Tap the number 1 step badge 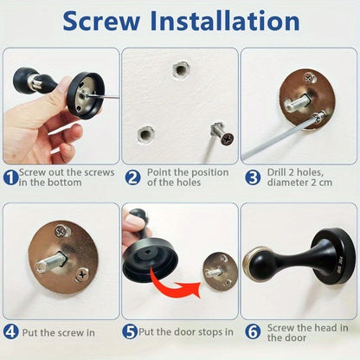[x=9, y=177]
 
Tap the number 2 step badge [x=132, y=177]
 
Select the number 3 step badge [x=252, y=177]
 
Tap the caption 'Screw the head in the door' [x=307, y=332]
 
